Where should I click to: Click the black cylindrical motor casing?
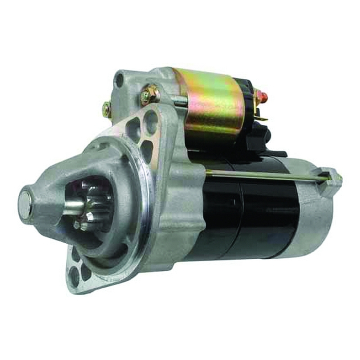pos(252,216)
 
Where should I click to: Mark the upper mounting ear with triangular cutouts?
pos(144,130)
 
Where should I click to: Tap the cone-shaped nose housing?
pos(58,187)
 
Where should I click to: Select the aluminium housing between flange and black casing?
pos(180,202)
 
